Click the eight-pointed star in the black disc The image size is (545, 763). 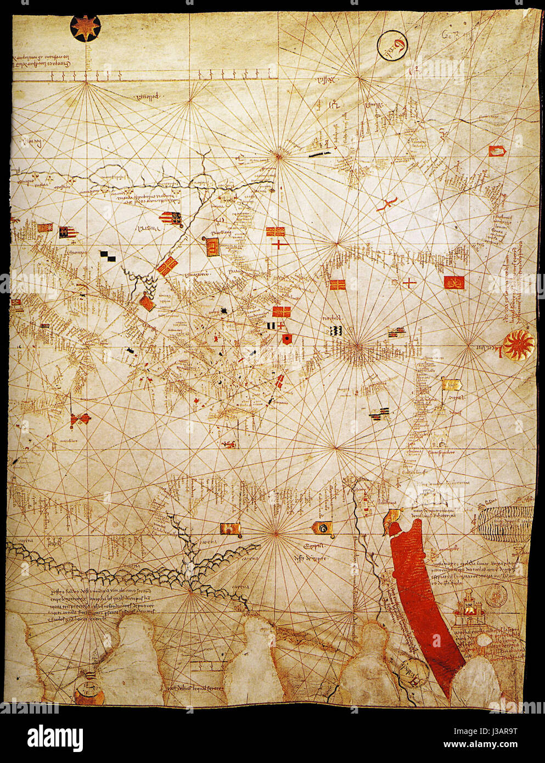[86, 28]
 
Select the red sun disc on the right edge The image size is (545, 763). [518, 345]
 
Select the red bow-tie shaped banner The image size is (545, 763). [80, 419]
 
